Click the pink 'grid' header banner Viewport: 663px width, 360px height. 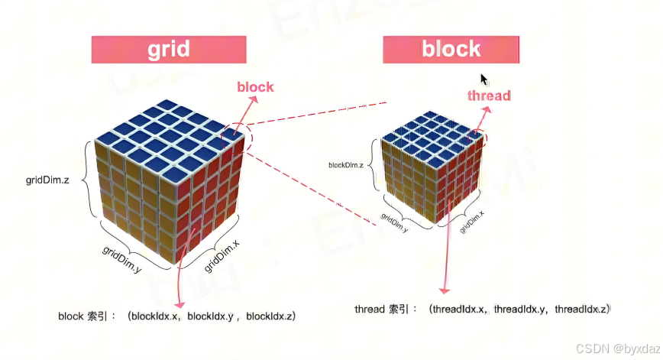169,50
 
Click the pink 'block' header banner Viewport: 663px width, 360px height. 451,50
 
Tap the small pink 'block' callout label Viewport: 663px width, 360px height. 255,86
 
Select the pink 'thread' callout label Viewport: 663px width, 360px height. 489,96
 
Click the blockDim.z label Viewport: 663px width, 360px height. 345,164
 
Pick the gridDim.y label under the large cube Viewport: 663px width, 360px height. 122,260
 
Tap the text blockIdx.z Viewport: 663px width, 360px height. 270,316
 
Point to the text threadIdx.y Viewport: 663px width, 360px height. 520,310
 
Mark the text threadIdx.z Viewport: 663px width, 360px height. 581,310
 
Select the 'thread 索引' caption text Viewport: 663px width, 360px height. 385,310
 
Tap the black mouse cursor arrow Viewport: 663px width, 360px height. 484,79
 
